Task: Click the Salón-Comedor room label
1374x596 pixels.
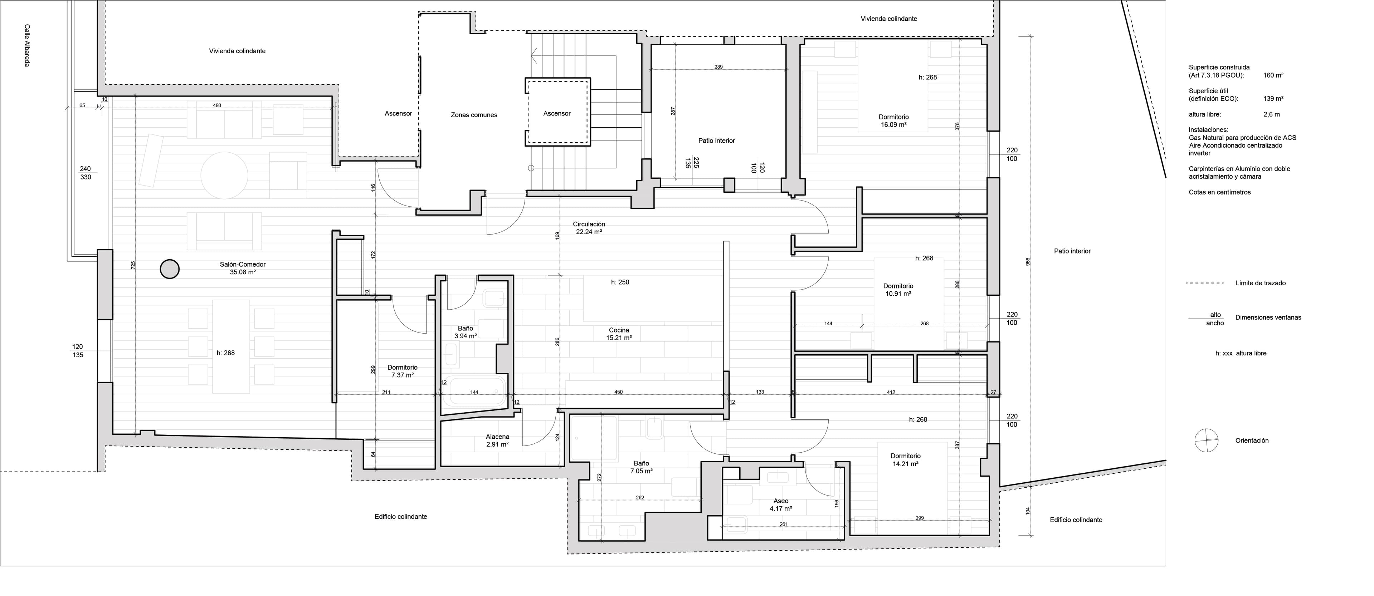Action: [243, 268]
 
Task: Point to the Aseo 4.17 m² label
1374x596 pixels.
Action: [781, 505]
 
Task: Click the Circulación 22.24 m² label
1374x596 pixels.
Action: [589, 228]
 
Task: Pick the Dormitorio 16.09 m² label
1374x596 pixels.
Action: [894, 121]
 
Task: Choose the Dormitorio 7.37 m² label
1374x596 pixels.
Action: [403, 371]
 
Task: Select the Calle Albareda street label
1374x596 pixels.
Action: [27, 45]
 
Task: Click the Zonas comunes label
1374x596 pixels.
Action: [474, 115]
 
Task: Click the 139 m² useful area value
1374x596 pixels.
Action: [1273, 99]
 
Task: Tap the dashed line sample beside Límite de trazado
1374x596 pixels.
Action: [1204, 283]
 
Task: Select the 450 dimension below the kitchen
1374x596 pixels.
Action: [618, 392]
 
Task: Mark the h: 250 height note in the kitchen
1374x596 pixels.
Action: [620, 282]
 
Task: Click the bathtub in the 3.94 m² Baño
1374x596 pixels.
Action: [478, 392]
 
